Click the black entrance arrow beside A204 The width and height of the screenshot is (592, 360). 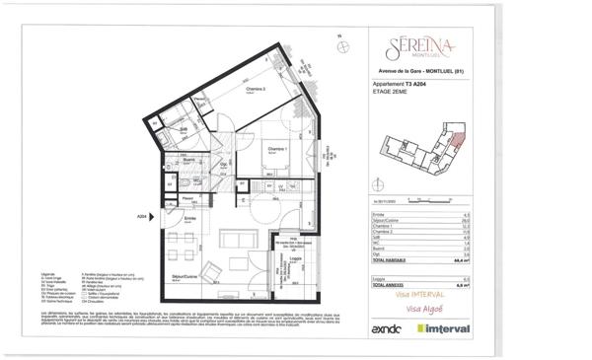click(156, 216)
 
